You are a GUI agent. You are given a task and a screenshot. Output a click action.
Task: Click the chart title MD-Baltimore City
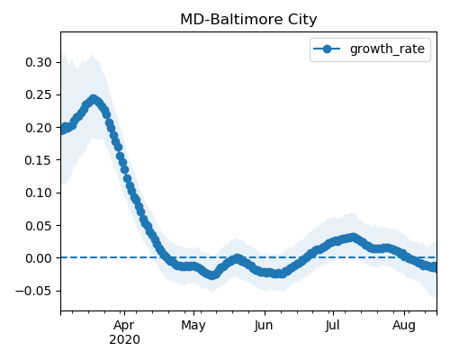[x=248, y=20]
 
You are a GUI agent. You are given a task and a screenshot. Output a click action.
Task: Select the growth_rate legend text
[x=387, y=49]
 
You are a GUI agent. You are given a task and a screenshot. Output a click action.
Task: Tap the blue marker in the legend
[x=327, y=49]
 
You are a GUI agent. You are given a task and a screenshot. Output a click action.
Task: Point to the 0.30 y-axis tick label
[x=39, y=62]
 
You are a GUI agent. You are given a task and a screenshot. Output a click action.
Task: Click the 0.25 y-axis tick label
[x=39, y=94]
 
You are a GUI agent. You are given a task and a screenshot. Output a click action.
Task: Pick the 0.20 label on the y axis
[x=39, y=128]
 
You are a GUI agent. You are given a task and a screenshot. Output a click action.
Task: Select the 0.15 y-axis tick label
[x=39, y=160]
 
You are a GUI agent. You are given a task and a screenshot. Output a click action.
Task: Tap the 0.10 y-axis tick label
[x=39, y=193]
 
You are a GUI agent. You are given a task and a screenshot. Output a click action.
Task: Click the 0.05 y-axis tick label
[x=39, y=225]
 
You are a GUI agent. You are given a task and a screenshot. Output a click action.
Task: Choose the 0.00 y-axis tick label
[x=39, y=258]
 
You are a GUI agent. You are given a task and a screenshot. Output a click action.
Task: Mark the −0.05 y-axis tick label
[x=34, y=291]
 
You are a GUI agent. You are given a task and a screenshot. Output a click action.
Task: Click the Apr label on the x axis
[x=124, y=325]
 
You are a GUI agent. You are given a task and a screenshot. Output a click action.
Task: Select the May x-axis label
[x=193, y=325]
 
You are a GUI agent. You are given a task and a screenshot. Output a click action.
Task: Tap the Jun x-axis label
[x=264, y=325]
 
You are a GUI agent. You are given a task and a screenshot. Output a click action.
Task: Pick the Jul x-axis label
[x=333, y=325]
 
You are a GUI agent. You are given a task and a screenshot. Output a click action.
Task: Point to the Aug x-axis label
[x=404, y=325]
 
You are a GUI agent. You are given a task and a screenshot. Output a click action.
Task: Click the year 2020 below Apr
[x=124, y=340]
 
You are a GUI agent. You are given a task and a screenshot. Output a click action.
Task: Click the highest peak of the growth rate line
[x=94, y=99]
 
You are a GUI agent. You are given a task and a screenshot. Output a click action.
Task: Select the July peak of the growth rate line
[x=354, y=238]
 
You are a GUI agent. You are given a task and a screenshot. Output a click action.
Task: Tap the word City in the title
[x=302, y=20]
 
